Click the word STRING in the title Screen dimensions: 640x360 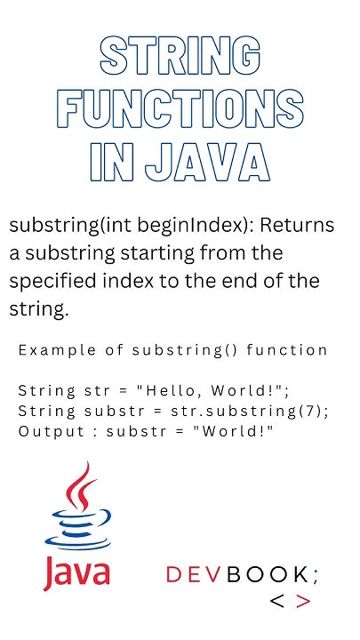pos(180,57)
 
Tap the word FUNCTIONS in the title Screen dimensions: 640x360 pos(180,111)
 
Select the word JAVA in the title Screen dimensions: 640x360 pos(213,165)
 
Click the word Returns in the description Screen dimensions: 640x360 pos(299,226)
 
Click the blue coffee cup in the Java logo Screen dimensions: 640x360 pos(78,530)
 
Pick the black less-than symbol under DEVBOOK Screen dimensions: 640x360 pos(277,602)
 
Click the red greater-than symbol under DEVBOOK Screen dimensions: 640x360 pos(303,602)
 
